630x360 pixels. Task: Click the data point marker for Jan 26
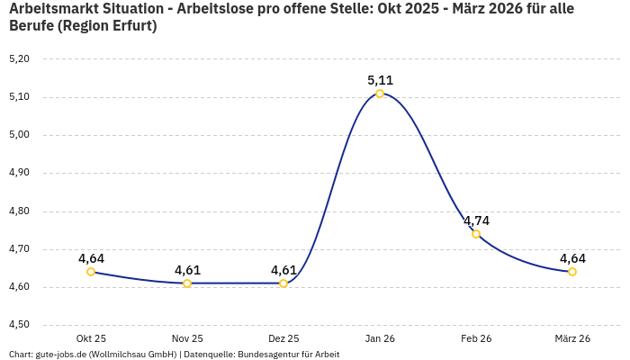[380, 94]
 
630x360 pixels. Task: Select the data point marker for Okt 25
[91, 272]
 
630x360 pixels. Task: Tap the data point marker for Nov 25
[187, 283]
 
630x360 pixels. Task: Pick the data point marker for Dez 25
[283, 283]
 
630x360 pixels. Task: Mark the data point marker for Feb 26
[476, 234]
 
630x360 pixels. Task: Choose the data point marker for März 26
[572, 272]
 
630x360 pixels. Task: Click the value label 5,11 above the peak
[380, 80]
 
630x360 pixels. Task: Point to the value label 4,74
[476, 220]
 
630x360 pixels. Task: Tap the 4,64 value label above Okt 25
[91, 258]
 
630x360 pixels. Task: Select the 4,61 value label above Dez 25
[283, 270]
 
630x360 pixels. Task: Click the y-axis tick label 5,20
[19, 59]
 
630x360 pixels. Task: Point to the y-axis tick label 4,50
[19, 325]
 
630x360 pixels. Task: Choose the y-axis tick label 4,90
[19, 173]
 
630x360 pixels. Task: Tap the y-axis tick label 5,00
[19, 135]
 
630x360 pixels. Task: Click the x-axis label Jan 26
[380, 338]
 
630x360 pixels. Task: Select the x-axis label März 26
[572, 338]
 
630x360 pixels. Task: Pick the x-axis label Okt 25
[91, 338]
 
